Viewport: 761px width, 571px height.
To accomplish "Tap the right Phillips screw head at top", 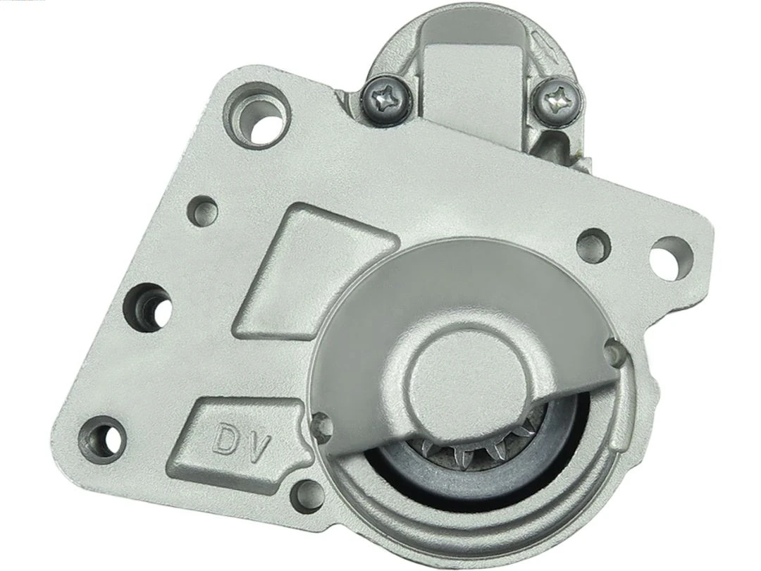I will coord(557,99).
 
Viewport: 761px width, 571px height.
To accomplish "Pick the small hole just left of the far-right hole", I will coord(593,245).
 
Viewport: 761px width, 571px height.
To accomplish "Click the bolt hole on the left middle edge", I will coord(149,306).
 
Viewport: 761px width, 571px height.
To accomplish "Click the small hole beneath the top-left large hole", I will coord(204,209).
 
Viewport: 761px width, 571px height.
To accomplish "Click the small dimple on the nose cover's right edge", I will coord(612,348).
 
